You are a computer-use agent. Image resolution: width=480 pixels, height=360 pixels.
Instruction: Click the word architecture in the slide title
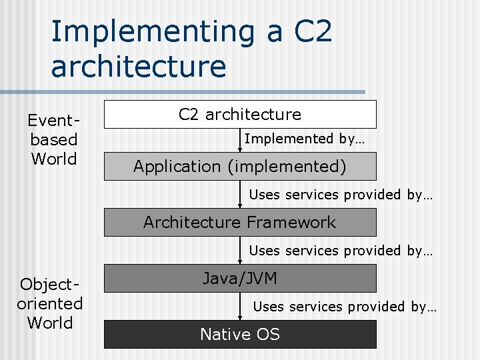(x=138, y=67)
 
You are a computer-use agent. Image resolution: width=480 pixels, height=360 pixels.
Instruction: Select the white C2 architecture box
(x=240, y=115)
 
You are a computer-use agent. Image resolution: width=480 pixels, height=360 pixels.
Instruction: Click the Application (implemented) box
(x=240, y=167)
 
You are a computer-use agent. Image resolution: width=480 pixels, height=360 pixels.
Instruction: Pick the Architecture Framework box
(x=240, y=223)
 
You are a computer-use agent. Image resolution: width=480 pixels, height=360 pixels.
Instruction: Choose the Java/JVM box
(x=240, y=279)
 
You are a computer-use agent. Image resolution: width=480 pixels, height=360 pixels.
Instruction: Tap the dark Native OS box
(x=240, y=334)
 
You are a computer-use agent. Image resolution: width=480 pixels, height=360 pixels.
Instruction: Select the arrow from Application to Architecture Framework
(x=240, y=194)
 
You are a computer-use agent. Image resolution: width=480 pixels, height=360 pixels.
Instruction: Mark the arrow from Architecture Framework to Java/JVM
(x=240, y=250)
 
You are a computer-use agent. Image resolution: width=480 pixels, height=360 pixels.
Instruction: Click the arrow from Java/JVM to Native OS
(x=240, y=306)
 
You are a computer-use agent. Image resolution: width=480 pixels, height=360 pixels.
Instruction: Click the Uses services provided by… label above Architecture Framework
(x=341, y=195)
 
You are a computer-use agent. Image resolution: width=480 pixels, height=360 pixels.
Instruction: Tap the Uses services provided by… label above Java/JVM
(x=341, y=251)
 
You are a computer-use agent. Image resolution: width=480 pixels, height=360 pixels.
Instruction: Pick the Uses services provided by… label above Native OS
(x=345, y=307)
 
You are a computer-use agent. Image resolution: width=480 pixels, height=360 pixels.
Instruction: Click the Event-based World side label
(x=53, y=140)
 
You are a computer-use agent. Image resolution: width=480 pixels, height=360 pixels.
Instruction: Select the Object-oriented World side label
(x=50, y=304)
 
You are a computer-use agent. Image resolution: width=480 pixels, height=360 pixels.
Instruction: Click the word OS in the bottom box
(x=267, y=334)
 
